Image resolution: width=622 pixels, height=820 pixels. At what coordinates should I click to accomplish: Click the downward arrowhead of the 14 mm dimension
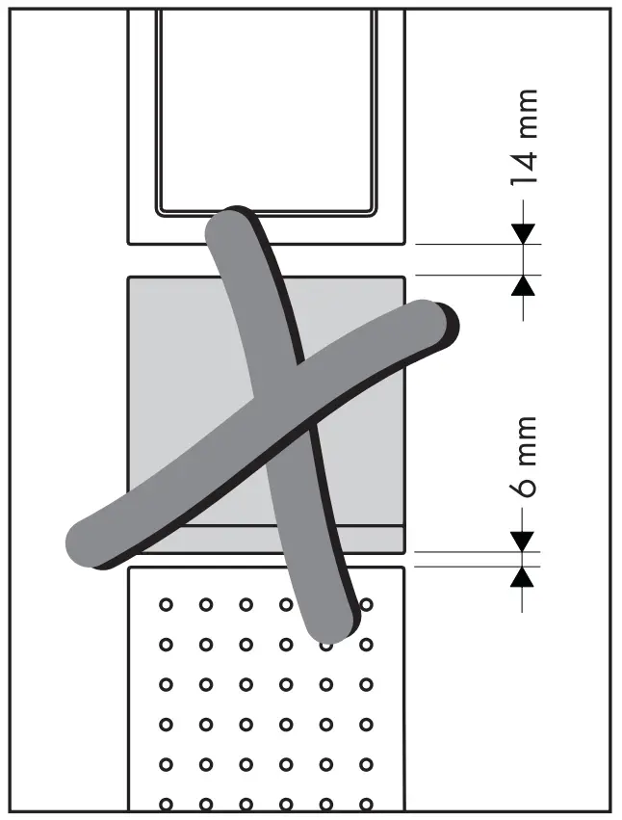coord(523,233)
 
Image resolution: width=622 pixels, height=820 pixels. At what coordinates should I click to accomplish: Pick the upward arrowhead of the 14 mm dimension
coord(523,285)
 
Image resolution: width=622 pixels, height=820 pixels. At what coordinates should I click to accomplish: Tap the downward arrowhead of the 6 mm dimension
coord(522,542)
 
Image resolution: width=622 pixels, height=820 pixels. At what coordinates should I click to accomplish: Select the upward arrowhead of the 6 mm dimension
coord(522,577)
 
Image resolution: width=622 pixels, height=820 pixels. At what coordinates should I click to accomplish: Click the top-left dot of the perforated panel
coord(166,605)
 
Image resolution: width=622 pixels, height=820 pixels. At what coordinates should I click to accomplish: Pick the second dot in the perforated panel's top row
coord(205,605)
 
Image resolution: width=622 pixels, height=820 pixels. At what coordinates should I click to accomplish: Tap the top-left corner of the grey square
coord(130,279)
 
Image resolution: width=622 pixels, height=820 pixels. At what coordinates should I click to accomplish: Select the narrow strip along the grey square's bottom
coord(266,540)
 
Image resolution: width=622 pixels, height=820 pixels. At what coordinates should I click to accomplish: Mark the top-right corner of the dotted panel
coord(402,569)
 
